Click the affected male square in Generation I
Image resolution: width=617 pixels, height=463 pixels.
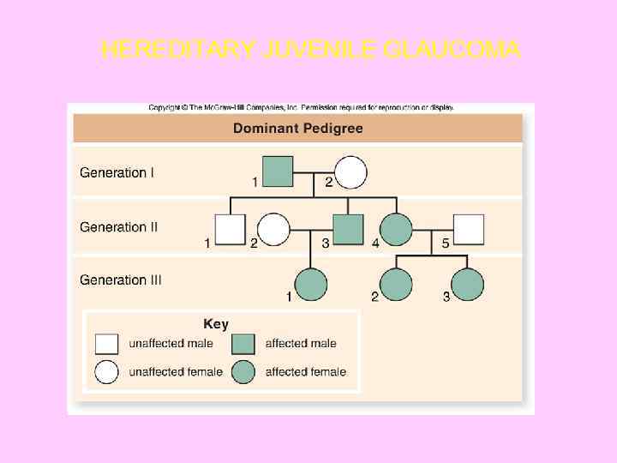click(x=278, y=171)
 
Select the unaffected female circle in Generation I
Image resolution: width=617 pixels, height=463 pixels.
click(x=350, y=171)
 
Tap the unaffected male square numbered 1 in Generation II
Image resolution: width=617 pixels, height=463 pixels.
click(x=230, y=229)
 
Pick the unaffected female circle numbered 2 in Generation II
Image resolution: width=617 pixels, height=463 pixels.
click(x=273, y=229)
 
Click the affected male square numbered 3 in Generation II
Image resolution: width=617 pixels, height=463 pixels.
click(x=348, y=229)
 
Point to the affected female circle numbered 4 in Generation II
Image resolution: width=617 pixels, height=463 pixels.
click(x=395, y=229)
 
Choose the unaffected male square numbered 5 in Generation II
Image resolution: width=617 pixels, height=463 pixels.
click(x=468, y=229)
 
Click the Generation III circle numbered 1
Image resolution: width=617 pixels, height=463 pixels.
click(x=311, y=285)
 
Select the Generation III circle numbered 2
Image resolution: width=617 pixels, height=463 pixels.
click(x=395, y=285)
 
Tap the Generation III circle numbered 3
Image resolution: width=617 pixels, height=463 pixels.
click(x=468, y=285)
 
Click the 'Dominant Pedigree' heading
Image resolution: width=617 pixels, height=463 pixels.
click(x=297, y=129)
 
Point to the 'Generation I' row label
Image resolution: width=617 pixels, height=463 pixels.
click(x=117, y=172)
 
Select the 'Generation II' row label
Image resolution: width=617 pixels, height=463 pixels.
click(x=119, y=227)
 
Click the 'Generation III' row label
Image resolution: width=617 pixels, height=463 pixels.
click(x=121, y=280)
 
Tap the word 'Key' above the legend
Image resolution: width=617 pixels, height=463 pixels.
click(x=216, y=324)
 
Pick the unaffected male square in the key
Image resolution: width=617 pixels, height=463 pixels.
click(x=106, y=344)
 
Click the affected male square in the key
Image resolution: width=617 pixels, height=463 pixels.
click(x=243, y=344)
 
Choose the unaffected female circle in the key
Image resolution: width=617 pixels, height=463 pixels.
click(x=106, y=372)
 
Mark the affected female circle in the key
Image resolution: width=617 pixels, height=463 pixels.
click(x=243, y=372)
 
